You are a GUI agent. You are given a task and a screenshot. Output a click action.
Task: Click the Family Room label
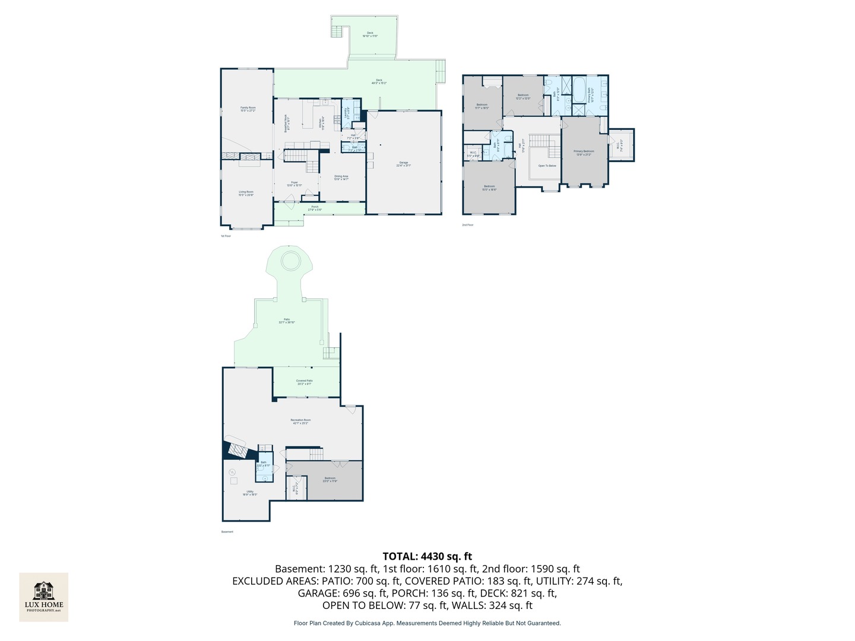[248, 109]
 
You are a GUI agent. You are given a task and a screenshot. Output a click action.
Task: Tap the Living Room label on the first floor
[246, 193]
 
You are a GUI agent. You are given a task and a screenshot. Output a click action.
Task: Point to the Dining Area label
[341, 177]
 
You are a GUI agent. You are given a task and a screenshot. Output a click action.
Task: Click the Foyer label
[294, 183]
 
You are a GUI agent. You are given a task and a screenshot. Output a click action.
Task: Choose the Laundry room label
[346, 113]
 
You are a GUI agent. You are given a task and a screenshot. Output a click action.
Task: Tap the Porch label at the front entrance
[315, 208]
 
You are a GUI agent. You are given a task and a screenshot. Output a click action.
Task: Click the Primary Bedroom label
[584, 152]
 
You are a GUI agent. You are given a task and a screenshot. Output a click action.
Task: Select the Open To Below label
[547, 166]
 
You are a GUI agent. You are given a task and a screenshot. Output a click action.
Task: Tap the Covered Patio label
[304, 382]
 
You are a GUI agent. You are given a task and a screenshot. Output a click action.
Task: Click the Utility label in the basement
[250, 492]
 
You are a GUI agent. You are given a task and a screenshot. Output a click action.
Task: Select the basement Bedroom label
[330, 479]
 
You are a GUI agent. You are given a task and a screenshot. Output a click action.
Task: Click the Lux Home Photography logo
[44, 596]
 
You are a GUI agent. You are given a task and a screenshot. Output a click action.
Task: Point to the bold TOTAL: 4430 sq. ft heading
[427, 556]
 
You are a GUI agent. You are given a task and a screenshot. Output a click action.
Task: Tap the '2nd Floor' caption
[468, 225]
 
